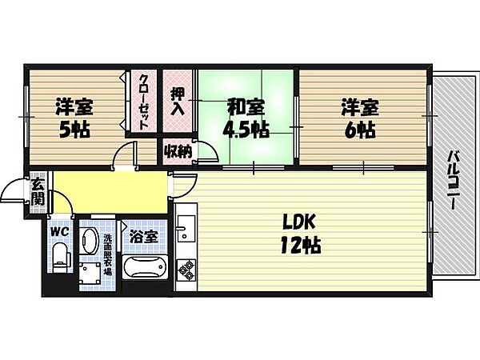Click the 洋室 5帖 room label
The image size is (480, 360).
click(x=74, y=118)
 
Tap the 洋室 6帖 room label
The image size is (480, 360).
click(x=360, y=118)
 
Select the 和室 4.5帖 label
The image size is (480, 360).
click(x=246, y=118)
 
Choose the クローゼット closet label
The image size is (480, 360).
click(x=143, y=102)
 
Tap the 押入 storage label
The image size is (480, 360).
click(x=178, y=102)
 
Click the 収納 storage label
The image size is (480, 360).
click(x=178, y=151)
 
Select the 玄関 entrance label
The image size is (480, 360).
click(x=38, y=192)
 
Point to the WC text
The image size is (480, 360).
click(x=60, y=232)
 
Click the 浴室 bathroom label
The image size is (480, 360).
click(x=144, y=237)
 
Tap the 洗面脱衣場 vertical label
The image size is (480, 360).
click(x=107, y=254)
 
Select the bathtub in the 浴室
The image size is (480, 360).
click(x=145, y=267)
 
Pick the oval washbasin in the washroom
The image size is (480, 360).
click(x=89, y=241)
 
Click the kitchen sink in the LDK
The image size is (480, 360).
click(x=186, y=227)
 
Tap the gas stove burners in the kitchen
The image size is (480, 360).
click(x=186, y=270)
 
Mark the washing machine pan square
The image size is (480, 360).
click(x=90, y=273)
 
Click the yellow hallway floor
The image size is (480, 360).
click(x=110, y=192)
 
